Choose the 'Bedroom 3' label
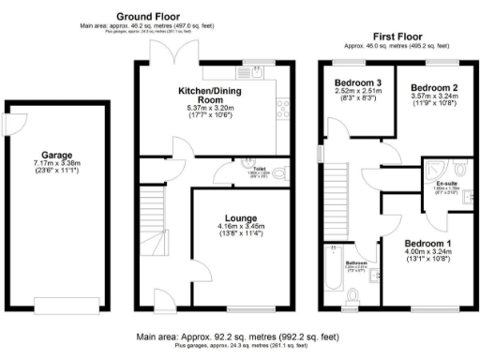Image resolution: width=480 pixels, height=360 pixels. [355, 83]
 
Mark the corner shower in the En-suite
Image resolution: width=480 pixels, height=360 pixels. [432, 167]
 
